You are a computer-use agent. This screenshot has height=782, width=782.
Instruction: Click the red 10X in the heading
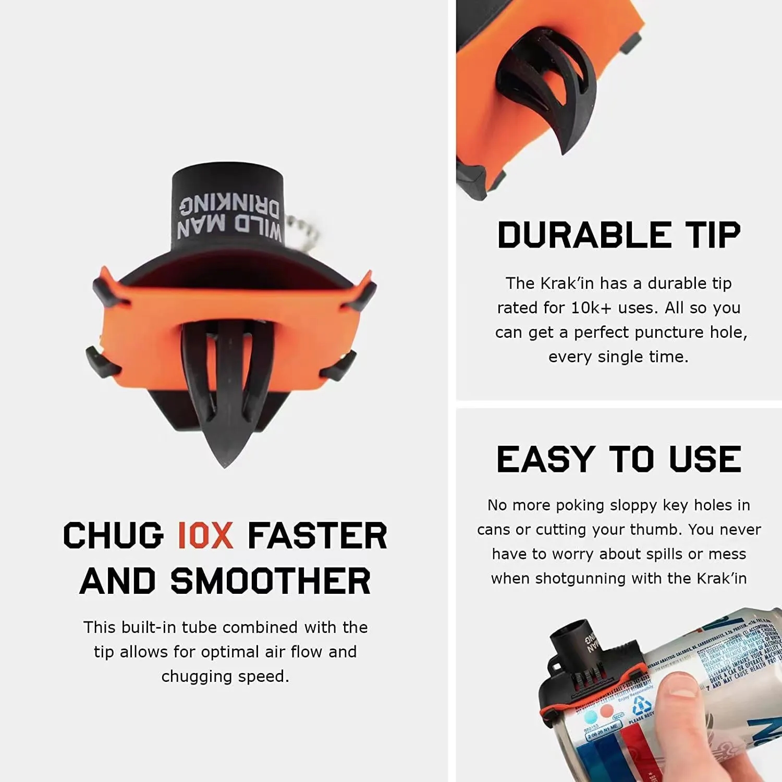(205, 535)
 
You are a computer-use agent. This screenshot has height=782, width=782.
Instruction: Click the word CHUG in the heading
(114, 535)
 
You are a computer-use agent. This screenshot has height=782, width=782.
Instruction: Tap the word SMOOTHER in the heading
(271, 581)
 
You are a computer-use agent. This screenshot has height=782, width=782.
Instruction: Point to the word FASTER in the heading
(317, 535)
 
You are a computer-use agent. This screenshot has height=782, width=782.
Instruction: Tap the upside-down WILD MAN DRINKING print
(229, 217)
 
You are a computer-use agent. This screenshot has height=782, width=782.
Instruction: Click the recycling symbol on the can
(640, 706)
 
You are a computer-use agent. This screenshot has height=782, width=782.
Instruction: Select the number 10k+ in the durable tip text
(591, 308)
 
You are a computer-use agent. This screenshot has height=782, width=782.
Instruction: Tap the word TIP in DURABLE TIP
(713, 235)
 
